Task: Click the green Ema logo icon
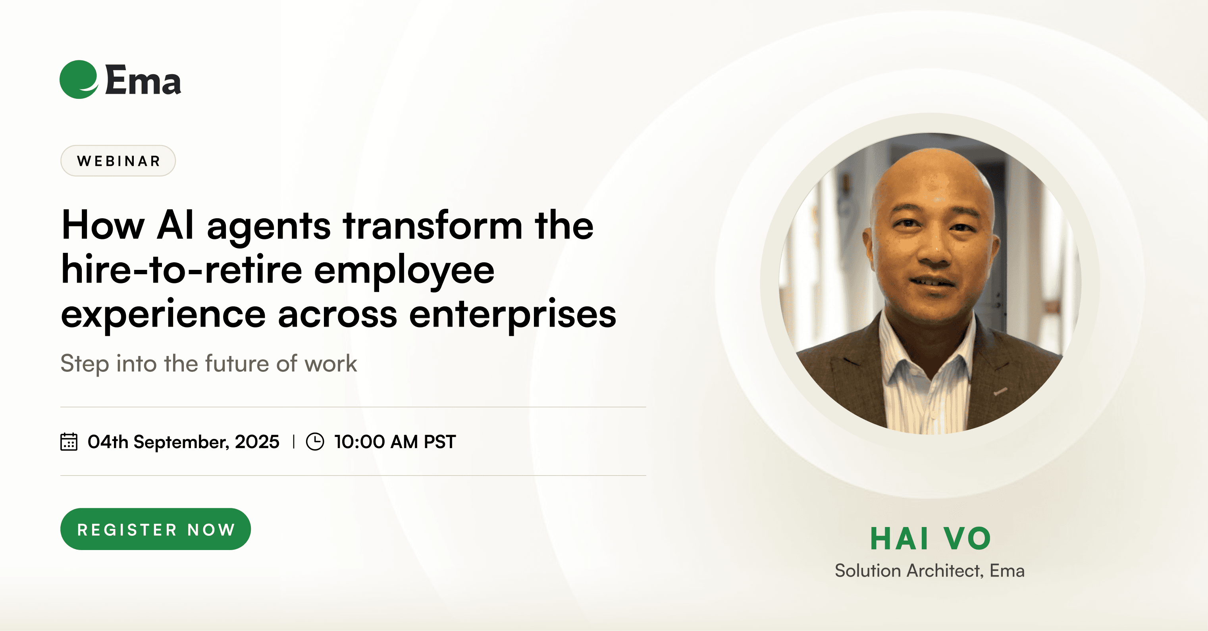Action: point(79,79)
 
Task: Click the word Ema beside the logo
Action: point(143,80)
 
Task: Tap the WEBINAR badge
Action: point(118,161)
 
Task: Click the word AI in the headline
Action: point(175,225)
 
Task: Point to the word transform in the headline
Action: point(433,225)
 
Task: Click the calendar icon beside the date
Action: point(69,442)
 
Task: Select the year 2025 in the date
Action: point(257,442)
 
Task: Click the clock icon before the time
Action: point(315,442)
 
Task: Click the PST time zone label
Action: point(440,442)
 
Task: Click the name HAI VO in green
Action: point(931,538)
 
